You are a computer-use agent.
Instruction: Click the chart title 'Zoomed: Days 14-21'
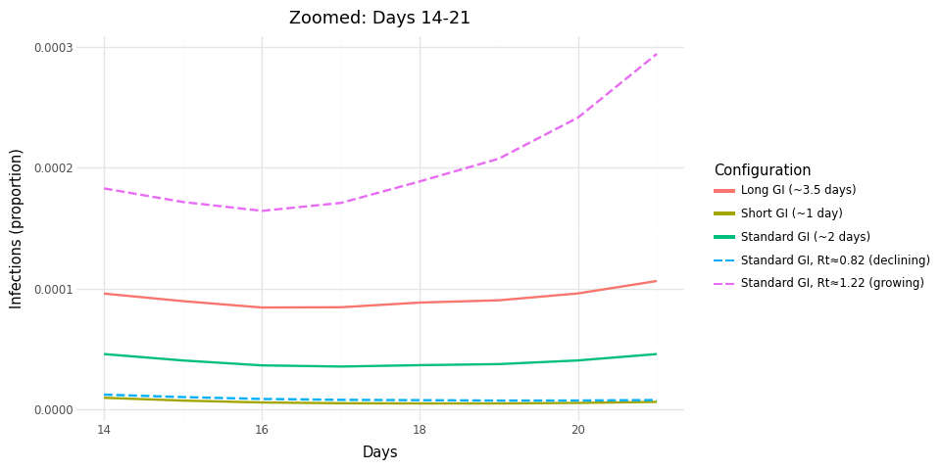[x=379, y=18]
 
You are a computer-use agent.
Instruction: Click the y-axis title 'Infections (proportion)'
[x=17, y=228]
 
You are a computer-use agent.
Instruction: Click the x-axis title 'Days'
[x=379, y=452]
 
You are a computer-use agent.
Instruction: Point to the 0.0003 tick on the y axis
[x=53, y=47]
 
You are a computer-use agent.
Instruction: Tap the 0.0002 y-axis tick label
[x=53, y=168]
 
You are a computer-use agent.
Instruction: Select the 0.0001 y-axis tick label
[x=53, y=289]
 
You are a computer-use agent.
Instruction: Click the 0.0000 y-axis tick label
[x=53, y=409]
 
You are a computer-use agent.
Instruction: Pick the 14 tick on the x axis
[x=104, y=429]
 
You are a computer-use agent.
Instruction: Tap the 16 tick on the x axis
[x=262, y=429]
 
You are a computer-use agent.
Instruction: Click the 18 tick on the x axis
[x=420, y=429]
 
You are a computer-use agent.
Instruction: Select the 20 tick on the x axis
[x=578, y=429]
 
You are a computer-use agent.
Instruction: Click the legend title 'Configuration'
[x=762, y=170]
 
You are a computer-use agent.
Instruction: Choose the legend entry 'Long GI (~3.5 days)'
[x=798, y=190]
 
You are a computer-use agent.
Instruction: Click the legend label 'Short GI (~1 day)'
[x=791, y=213]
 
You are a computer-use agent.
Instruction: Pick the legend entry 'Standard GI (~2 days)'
[x=805, y=237]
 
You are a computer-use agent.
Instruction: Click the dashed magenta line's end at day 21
[x=657, y=54]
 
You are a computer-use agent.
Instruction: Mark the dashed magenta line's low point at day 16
[x=262, y=211]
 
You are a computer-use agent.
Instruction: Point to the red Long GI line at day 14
[x=104, y=294]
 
